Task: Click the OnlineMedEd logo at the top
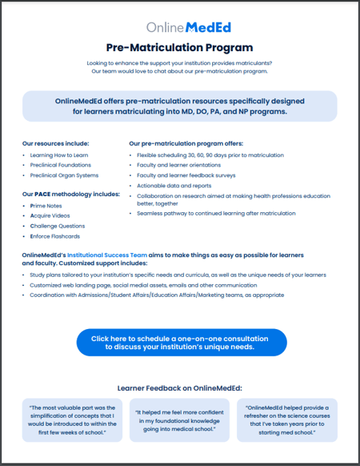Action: [x=179, y=28]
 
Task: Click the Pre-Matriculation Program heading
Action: [x=179, y=48]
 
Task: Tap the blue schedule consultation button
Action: [x=180, y=342]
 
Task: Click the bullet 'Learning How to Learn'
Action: [x=59, y=155]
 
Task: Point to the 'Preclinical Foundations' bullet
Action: [x=62, y=165]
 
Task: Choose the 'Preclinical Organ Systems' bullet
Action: [x=65, y=175]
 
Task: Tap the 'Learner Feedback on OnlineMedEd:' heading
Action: [x=179, y=388]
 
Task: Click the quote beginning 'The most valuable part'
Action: [x=73, y=421]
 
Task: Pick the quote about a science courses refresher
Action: [x=287, y=421]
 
